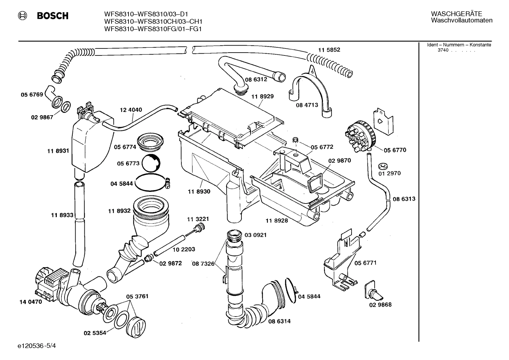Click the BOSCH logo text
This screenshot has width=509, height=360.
tap(53, 16)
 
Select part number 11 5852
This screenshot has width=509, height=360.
tap(329, 50)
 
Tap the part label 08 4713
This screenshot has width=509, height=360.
tap(307, 105)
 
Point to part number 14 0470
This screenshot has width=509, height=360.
tap(30, 302)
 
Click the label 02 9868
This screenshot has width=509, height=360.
tap(380, 305)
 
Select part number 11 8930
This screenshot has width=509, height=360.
tap(199, 191)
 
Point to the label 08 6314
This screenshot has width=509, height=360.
tap(279, 321)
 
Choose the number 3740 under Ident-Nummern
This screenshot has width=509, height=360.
tap(443, 50)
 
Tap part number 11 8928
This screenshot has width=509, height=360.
tap(276, 220)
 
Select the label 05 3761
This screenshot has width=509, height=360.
tap(137, 296)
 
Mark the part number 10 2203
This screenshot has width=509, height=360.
tap(184, 249)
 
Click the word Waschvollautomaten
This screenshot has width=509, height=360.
tap(461, 20)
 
